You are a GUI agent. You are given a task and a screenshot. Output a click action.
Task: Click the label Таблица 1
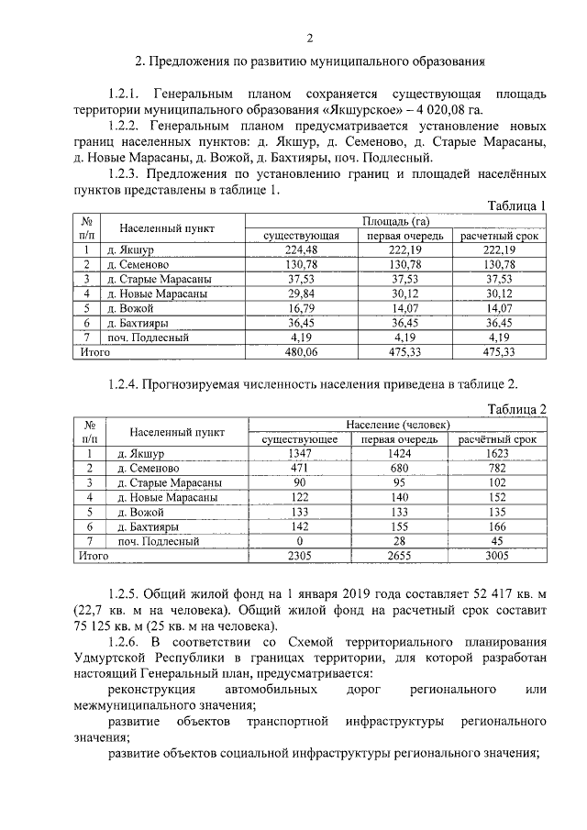click(516, 205)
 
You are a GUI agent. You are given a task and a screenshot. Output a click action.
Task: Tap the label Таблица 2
click(516, 409)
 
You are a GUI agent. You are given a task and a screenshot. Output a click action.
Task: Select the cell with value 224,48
click(301, 250)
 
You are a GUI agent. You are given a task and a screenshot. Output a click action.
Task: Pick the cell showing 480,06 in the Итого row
click(301, 351)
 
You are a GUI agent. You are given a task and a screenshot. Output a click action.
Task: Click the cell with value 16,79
click(301, 308)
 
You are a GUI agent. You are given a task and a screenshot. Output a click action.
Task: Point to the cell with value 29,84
click(301, 293)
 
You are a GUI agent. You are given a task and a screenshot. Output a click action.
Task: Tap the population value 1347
click(301, 453)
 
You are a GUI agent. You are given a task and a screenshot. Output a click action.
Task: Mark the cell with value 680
click(403, 468)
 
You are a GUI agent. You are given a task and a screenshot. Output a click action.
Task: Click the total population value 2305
click(301, 555)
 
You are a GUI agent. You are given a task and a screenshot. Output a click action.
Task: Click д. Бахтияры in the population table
click(147, 526)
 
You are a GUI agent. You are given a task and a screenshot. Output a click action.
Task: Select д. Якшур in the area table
click(129, 250)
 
